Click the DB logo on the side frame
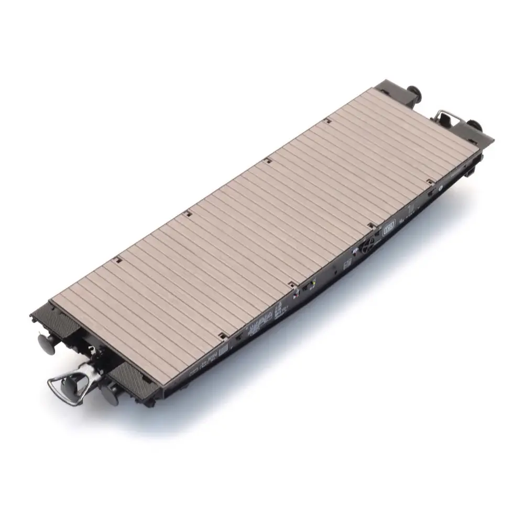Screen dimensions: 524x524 [x=389, y=229]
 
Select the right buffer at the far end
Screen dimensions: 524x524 [x=476, y=126]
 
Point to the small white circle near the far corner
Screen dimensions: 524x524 [x=441, y=186]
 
